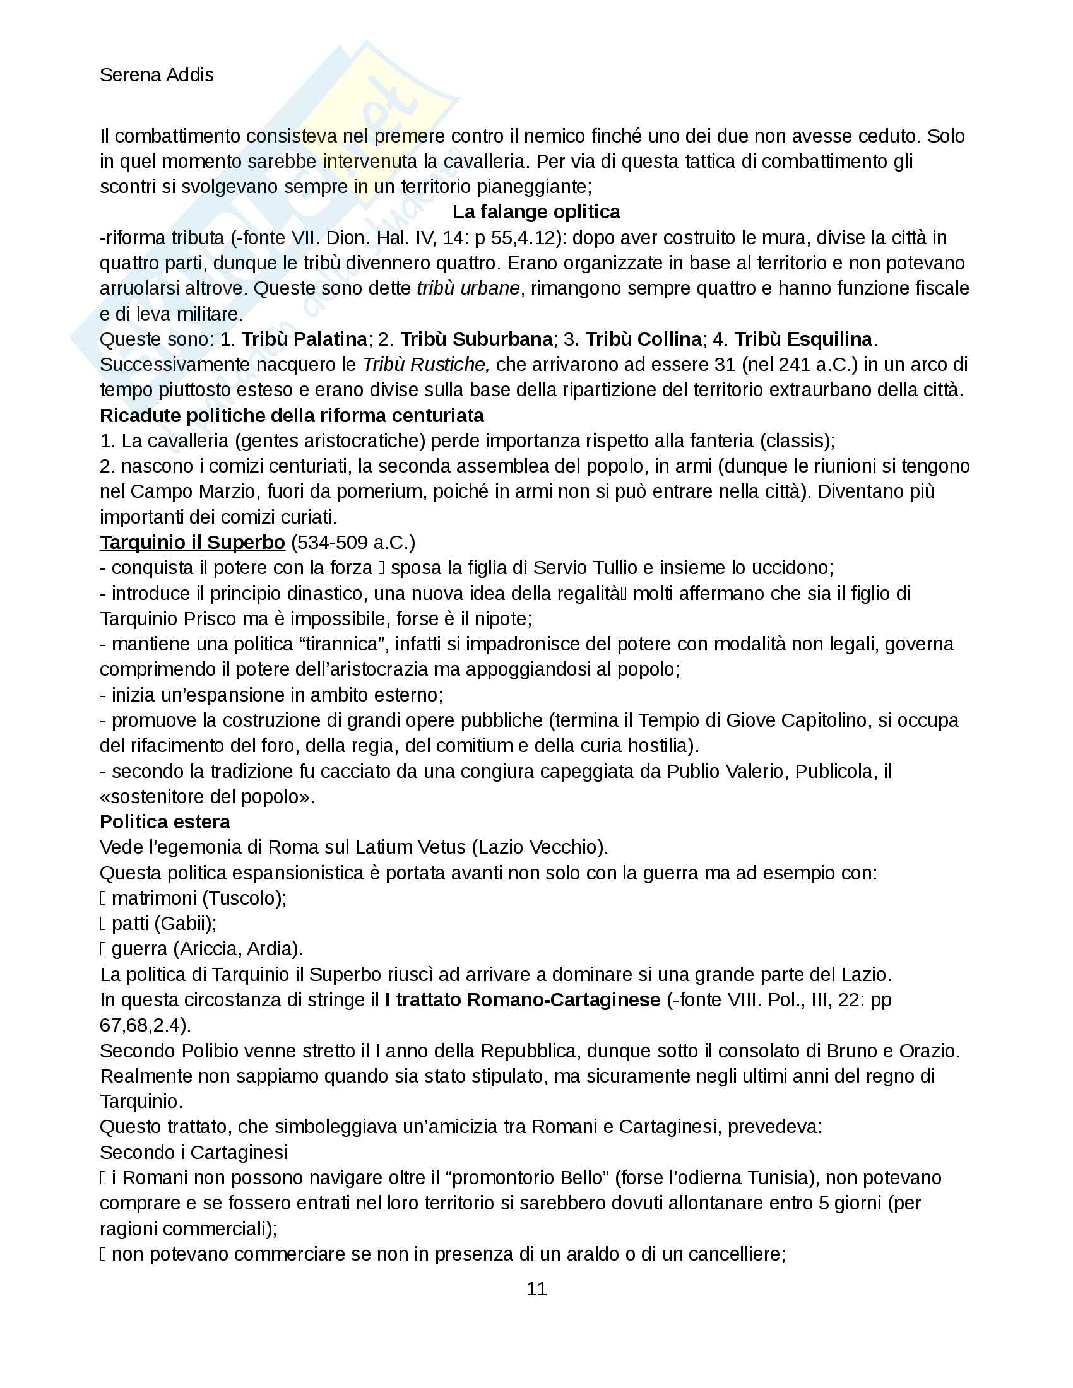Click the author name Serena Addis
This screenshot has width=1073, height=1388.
(x=157, y=75)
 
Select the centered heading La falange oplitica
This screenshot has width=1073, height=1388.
(x=536, y=211)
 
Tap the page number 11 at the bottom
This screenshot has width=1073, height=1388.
(x=536, y=1288)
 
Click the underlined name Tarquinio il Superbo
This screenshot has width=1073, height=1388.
(x=192, y=542)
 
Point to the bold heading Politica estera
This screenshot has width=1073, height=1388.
(x=165, y=821)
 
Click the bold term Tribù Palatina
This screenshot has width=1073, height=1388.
(x=304, y=339)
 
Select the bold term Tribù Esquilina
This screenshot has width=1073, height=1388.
(x=803, y=339)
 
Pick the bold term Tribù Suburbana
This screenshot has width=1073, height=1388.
(x=476, y=339)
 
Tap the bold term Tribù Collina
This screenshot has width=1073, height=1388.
(x=643, y=339)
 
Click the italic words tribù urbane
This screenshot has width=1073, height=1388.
(x=468, y=288)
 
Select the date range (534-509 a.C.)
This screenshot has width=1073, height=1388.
(x=353, y=542)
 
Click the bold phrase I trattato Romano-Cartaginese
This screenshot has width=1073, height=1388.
(x=523, y=1000)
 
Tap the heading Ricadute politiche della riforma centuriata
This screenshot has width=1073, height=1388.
(x=292, y=415)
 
